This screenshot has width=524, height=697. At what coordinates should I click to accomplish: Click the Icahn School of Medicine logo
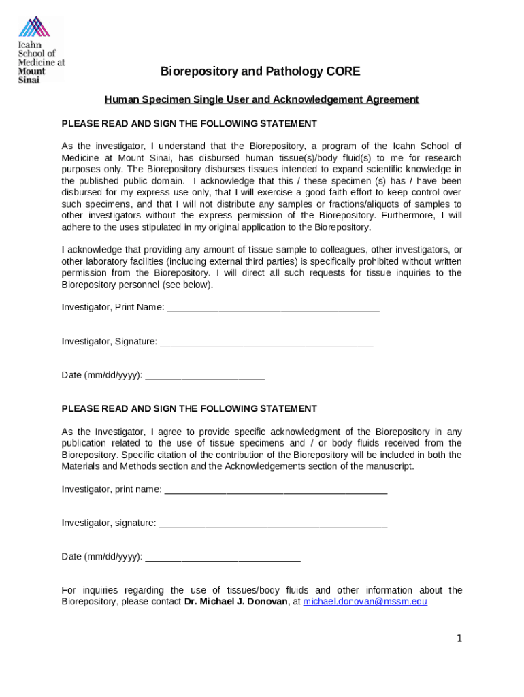(41, 50)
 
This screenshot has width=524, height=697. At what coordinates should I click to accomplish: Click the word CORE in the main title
(343, 71)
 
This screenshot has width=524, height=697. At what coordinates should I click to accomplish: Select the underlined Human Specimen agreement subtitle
(261, 99)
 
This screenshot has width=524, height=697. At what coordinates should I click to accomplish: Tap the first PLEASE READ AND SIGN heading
(189, 123)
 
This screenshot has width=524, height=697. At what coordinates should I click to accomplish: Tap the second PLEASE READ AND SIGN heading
(189, 408)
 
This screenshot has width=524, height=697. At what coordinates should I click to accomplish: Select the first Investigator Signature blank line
(266, 342)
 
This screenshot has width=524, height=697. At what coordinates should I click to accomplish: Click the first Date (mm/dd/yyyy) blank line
(205, 376)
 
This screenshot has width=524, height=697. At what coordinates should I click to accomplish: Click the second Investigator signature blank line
(272, 523)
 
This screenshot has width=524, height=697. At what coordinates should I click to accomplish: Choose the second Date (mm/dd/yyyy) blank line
(223, 557)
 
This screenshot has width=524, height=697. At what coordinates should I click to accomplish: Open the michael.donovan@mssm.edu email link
(365, 602)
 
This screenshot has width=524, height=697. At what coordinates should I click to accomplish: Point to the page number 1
(459, 638)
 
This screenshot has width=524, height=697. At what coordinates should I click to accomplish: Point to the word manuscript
(389, 466)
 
